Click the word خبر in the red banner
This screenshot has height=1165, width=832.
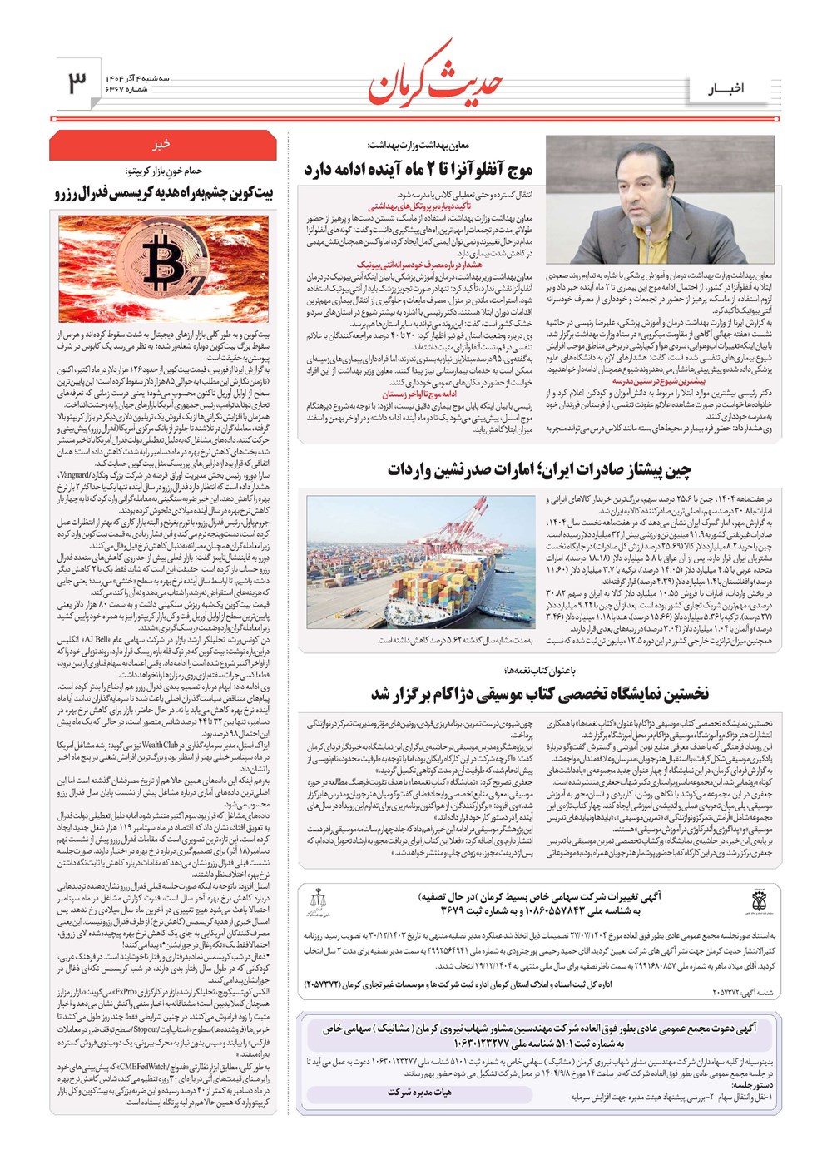tap(162, 143)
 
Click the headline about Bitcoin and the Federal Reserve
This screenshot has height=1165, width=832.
tap(163, 194)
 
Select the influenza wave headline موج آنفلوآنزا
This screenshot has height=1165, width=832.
tap(418, 170)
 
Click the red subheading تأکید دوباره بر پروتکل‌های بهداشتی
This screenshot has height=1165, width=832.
tap(419, 206)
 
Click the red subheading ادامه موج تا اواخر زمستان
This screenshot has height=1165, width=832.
tap(420, 394)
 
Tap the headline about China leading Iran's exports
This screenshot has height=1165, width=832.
tap(538, 470)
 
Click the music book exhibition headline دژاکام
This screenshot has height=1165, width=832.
tap(540, 694)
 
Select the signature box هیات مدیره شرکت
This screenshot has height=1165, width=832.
tap(419, 1092)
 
